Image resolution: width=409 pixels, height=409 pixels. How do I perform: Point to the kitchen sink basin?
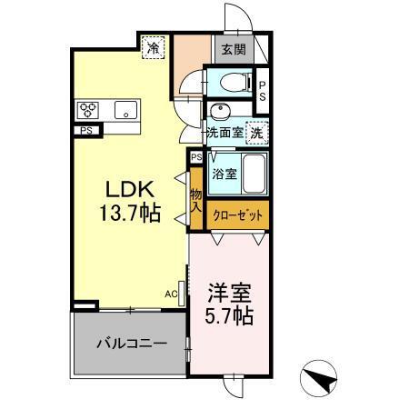click(x=125, y=112)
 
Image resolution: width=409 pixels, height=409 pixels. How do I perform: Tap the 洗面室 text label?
click(x=224, y=132)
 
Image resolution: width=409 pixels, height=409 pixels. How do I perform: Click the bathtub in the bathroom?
click(x=254, y=172)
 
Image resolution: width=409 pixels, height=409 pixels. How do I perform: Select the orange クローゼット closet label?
click(x=238, y=215)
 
